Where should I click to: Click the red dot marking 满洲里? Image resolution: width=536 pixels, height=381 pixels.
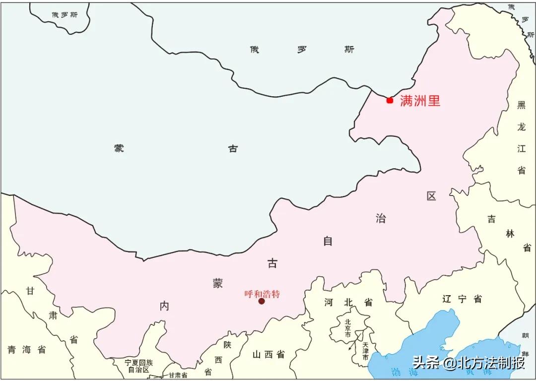tap(390, 100)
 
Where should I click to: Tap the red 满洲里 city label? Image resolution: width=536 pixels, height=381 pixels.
tap(420, 101)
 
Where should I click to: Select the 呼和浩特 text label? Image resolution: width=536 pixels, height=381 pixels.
tap(262, 294)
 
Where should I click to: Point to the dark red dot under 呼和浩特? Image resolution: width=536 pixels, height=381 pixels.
tap(262, 301)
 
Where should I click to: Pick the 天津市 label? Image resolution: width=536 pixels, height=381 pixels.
tap(365, 351)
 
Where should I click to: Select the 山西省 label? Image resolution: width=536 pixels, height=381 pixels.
tap(268, 354)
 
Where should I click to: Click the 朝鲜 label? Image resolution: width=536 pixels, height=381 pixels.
tap(525, 342)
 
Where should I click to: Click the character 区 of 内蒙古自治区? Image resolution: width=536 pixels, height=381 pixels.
tap(431, 196)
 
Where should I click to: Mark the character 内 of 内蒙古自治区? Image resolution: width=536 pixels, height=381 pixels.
tap(164, 306)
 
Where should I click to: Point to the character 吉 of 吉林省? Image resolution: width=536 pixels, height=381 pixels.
tap(491, 219)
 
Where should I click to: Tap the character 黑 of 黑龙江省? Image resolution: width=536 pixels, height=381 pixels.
tap(521, 105)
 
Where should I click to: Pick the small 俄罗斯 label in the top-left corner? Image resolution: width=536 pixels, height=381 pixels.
tap(65, 15)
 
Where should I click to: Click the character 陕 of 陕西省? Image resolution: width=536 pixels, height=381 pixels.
tap(227, 345)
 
